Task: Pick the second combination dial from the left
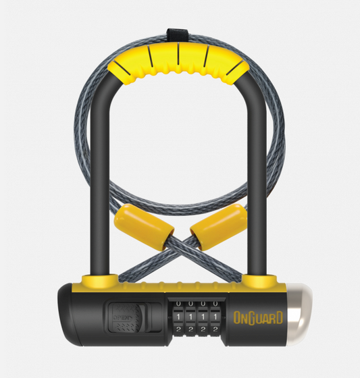pos(190,315)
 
